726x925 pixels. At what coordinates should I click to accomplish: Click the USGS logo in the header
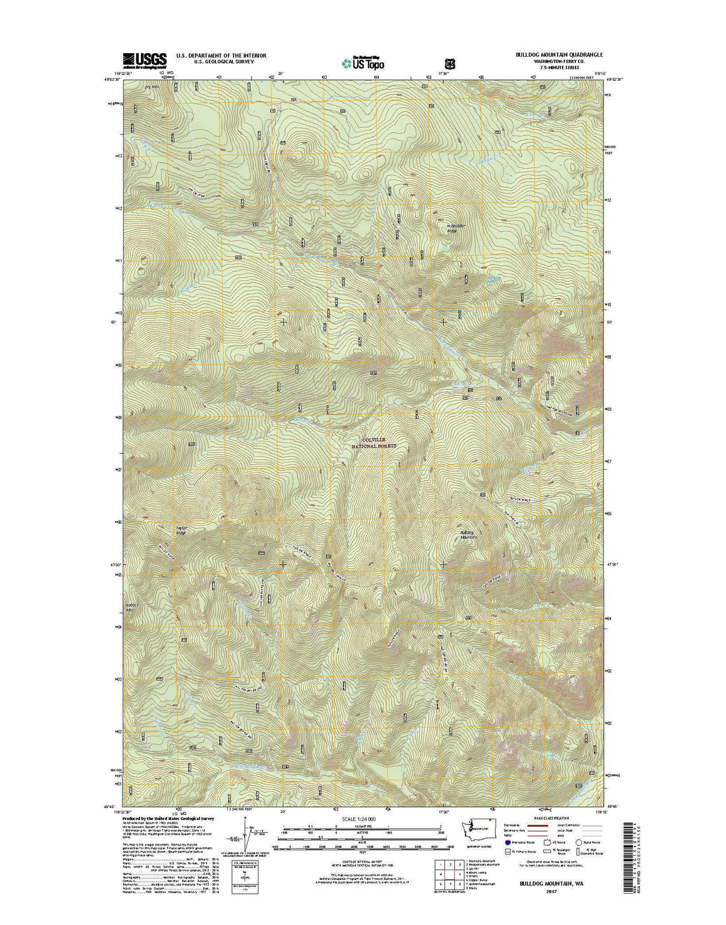tap(145, 59)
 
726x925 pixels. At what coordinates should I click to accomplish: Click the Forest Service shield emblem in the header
tap(449, 63)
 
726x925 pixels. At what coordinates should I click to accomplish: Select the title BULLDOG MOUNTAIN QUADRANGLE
tap(550, 55)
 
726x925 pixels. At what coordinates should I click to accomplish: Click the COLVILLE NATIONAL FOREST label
tap(374, 443)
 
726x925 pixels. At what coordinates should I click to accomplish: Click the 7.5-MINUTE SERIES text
tap(550, 68)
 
